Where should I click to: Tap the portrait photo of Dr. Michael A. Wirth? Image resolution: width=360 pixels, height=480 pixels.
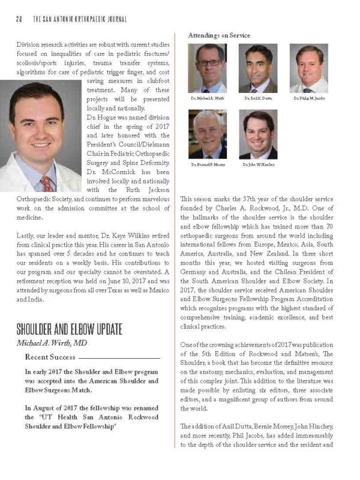click(207, 68)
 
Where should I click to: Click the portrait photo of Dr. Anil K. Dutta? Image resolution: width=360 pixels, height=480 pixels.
click(258, 68)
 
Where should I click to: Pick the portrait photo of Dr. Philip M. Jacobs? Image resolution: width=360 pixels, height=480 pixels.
click(308, 68)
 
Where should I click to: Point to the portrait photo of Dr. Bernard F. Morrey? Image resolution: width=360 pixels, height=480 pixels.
click(207, 134)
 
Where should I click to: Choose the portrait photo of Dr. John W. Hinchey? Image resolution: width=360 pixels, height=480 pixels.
click(258, 134)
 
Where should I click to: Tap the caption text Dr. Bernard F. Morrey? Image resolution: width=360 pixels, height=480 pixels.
click(207, 164)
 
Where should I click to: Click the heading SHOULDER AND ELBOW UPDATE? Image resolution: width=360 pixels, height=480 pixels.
click(69, 329)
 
